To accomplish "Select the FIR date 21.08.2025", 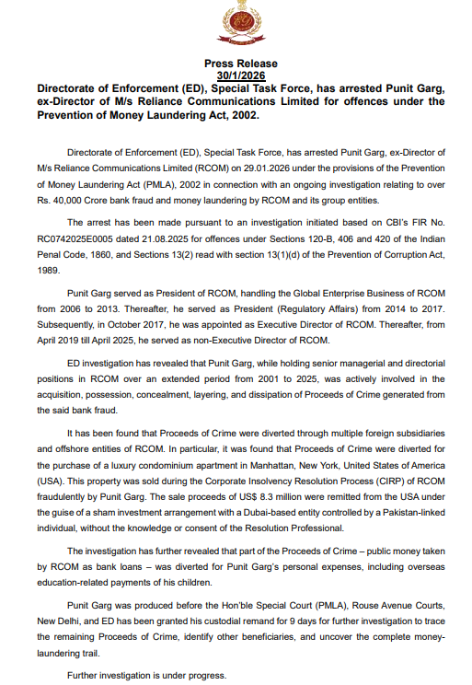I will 161,237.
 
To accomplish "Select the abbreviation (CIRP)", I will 393,482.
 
